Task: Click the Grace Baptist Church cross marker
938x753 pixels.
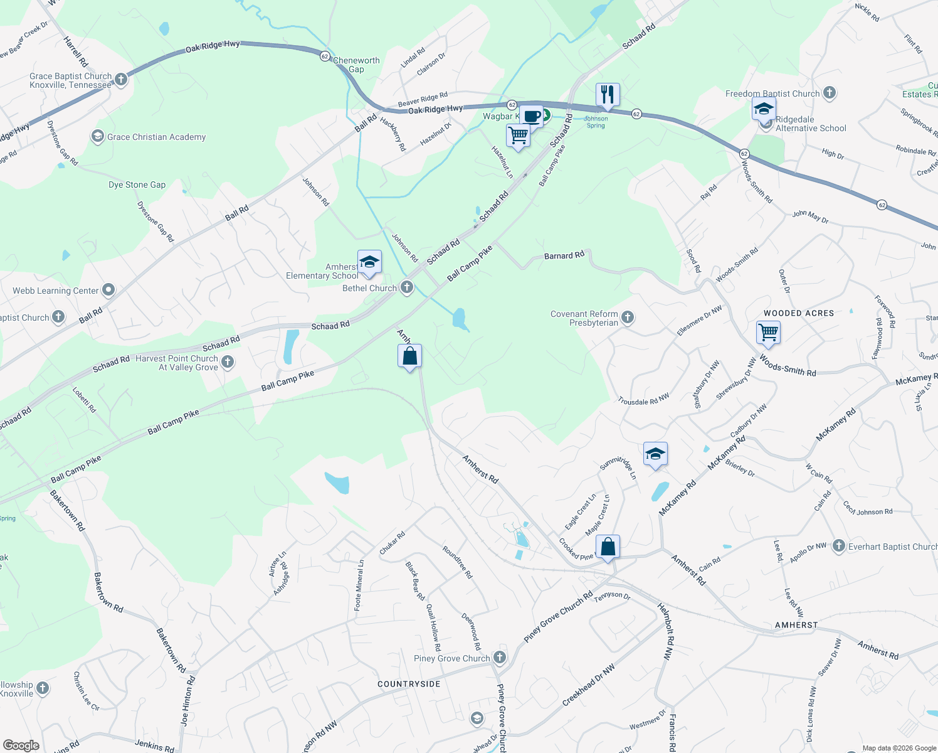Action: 121,79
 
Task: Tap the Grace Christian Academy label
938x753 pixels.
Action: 156,137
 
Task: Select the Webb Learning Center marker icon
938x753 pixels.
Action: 108,289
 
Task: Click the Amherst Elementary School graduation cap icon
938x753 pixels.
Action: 369,262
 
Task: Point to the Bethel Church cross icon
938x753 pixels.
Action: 407,287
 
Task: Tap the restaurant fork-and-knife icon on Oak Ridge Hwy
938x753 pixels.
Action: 607,94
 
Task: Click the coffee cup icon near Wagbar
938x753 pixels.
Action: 532,116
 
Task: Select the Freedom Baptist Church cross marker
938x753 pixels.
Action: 830,93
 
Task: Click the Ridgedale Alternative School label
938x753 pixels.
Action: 810,124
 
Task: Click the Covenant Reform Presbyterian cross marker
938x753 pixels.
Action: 628,318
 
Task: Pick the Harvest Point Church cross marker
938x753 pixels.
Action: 228,361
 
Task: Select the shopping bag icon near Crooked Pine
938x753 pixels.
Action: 608,547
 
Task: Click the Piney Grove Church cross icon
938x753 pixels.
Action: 500,658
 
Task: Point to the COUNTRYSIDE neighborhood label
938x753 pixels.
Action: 409,684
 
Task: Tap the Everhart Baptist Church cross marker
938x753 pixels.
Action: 838,546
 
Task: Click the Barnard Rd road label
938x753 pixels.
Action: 564,255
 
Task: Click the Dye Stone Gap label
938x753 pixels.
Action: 137,184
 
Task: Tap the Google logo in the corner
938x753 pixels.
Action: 21,745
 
